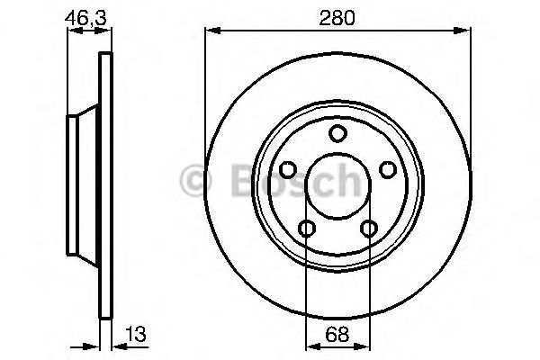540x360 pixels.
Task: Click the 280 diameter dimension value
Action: [x=337, y=15]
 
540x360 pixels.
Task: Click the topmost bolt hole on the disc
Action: [x=337, y=134]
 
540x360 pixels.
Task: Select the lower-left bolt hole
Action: [x=307, y=229]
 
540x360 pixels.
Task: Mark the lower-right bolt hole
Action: [x=368, y=229]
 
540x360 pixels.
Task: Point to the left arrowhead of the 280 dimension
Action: [x=211, y=30]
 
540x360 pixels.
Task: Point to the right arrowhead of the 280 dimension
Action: [x=466, y=30]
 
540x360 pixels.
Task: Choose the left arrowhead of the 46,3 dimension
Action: [x=73, y=30]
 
